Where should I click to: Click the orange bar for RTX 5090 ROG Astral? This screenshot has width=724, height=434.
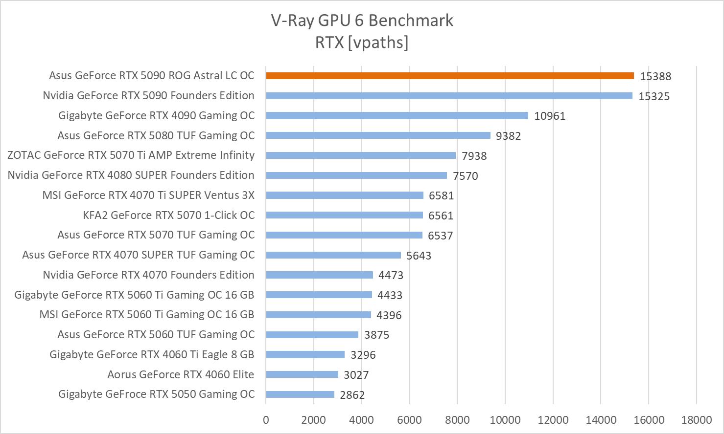(449, 76)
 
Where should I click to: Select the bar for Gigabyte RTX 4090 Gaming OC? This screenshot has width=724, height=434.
(397, 115)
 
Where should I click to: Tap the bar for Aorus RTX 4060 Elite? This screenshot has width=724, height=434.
(302, 374)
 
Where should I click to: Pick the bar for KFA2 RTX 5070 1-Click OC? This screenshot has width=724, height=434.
(344, 215)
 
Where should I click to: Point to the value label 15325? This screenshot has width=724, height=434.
(654, 96)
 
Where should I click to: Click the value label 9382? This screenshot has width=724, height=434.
(508, 136)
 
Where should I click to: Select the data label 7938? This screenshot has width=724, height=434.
(474, 156)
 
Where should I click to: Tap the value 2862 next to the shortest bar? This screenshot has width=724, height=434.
(352, 395)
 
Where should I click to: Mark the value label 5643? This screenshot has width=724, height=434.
(419, 256)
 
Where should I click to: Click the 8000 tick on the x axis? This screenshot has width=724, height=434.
(457, 420)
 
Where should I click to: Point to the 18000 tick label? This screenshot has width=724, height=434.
(697, 420)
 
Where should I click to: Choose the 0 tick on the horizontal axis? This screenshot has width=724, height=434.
(266, 420)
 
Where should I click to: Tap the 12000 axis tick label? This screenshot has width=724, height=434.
(553, 420)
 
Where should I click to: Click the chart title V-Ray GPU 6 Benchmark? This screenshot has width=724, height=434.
(362, 21)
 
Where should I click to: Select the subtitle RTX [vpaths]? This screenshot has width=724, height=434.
(362, 43)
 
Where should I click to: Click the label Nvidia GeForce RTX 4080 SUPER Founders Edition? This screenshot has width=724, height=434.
(131, 175)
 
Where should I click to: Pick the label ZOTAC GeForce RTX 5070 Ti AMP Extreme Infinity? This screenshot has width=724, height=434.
(131, 155)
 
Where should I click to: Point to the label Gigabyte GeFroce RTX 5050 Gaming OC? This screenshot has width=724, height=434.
(156, 394)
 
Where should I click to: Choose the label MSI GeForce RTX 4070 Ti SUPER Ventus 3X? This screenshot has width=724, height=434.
(148, 195)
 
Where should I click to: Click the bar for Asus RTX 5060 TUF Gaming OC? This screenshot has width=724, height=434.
(312, 335)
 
